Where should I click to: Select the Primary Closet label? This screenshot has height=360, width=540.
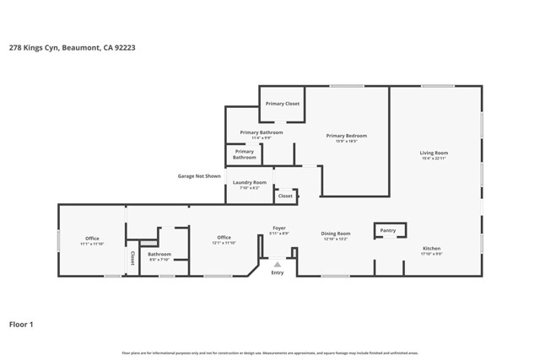(x=282, y=104)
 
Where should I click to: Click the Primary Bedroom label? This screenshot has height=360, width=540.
(x=347, y=136)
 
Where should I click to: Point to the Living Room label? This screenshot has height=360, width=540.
(x=434, y=153)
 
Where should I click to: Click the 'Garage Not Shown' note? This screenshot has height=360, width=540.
(x=199, y=176)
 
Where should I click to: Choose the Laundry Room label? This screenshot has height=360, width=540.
(x=250, y=182)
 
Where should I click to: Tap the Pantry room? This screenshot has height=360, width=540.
(x=388, y=230)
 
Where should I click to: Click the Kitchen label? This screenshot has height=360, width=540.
(x=431, y=249)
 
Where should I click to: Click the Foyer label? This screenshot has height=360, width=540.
(x=278, y=228)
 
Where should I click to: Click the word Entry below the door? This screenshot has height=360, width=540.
(x=277, y=272)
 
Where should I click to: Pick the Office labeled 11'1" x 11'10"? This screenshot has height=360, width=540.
(x=92, y=239)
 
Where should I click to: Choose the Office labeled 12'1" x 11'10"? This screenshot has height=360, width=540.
(x=224, y=238)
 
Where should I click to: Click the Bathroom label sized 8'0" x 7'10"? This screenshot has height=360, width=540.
(x=159, y=254)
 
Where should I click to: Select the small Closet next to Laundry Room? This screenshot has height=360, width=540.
(x=285, y=196)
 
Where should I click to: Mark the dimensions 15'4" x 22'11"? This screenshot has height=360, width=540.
(x=434, y=159)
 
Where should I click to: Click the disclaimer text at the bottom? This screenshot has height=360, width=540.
(x=270, y=352)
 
